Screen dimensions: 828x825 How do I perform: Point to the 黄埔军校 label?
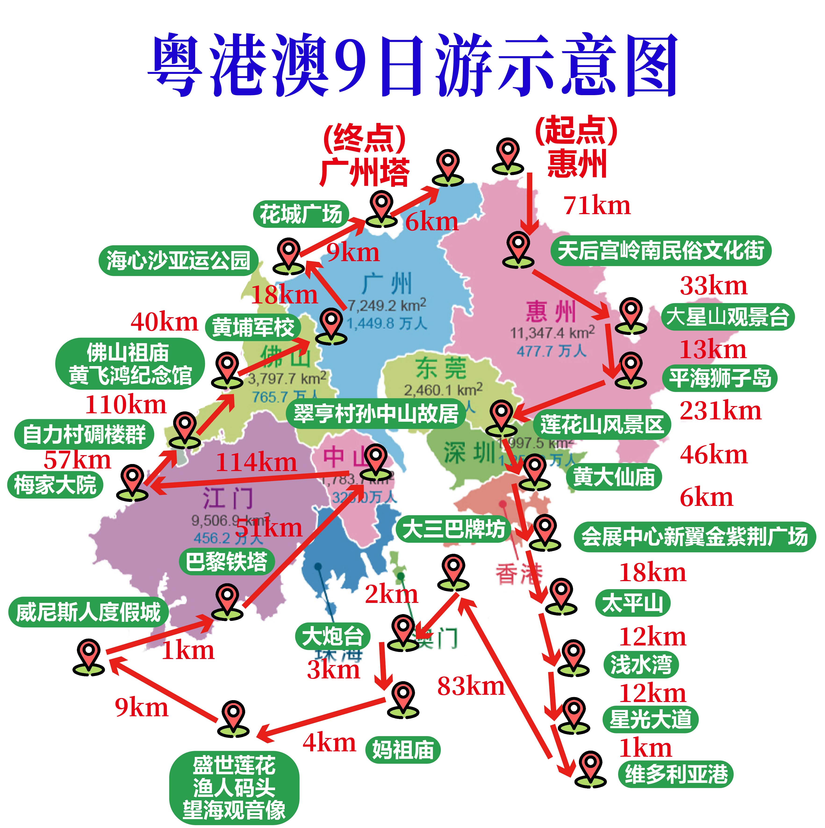click(x=253, y=328)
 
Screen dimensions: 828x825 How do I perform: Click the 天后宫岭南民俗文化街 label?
click(x=660, y=251)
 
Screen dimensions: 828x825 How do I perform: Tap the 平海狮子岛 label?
click(x=720, y=378)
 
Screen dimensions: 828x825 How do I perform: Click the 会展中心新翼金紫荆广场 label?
click(x=694, y=536)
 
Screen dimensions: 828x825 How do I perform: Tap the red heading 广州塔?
click(x=364, y=172)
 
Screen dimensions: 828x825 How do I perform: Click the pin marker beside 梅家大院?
click(x=133, y=482)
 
